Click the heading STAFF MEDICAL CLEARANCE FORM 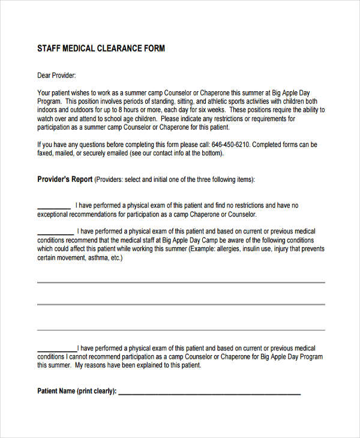[101, 48]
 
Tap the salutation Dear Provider [56, 76]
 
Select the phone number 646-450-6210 [231, 145]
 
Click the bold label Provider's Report [65, 179]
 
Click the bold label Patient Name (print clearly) [77, 391]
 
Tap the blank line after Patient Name [209, 394]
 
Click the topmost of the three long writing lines [181, 282]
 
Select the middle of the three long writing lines [181, 304]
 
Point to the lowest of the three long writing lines [181, 329]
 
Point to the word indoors [49, 110]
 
